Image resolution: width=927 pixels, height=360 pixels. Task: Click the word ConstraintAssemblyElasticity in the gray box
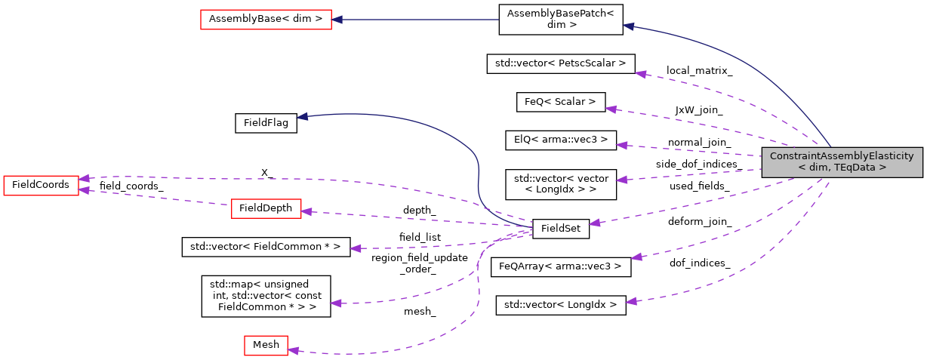pos(842,156)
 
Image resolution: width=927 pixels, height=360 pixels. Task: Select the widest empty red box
pos(266,20)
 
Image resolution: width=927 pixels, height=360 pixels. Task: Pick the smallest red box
pos(266,346)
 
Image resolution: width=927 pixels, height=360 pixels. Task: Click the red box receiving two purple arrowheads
pos(41,186)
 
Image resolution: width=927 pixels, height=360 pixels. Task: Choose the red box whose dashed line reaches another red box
pos(266,209)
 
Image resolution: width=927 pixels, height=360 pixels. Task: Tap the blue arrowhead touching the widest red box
pos(337,20)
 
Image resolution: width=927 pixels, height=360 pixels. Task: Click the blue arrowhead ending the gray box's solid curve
pos(628,26)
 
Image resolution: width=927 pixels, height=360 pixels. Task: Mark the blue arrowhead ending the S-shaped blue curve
pos(302,116)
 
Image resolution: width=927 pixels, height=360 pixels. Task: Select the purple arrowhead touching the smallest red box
pos(293,350)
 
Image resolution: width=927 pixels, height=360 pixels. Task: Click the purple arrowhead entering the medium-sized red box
pos(306,212)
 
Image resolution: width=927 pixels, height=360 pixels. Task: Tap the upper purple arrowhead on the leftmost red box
pos(85,179)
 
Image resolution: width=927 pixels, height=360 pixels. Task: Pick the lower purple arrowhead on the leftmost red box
pos(85,190)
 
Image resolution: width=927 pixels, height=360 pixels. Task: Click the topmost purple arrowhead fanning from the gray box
pos(640,74)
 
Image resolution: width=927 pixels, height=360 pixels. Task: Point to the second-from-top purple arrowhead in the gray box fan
pos(611,109)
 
